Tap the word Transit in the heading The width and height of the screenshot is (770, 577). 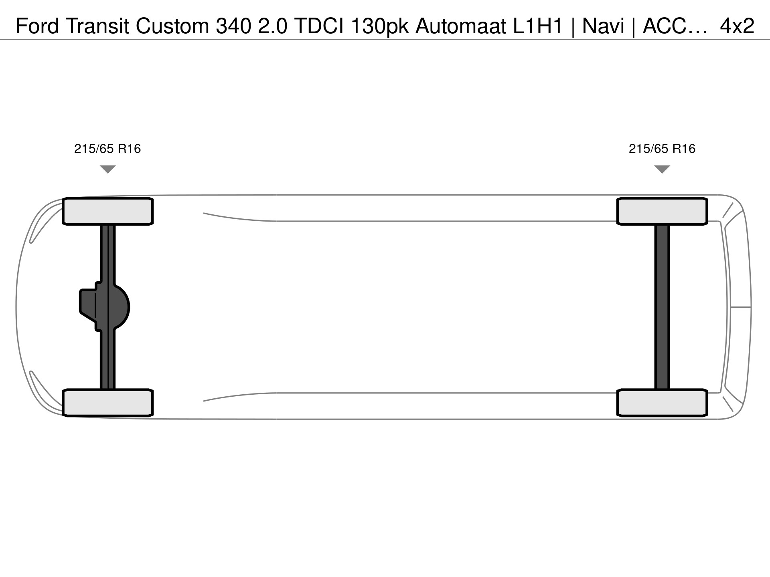coord(98,26)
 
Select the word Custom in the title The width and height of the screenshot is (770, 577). coord(172,26)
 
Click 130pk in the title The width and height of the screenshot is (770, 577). coord(380,26)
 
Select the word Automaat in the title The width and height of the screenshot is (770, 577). coord(461,26)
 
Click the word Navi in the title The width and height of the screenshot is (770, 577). coord(604,26)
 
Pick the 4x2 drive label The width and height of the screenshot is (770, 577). coord(737,26)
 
